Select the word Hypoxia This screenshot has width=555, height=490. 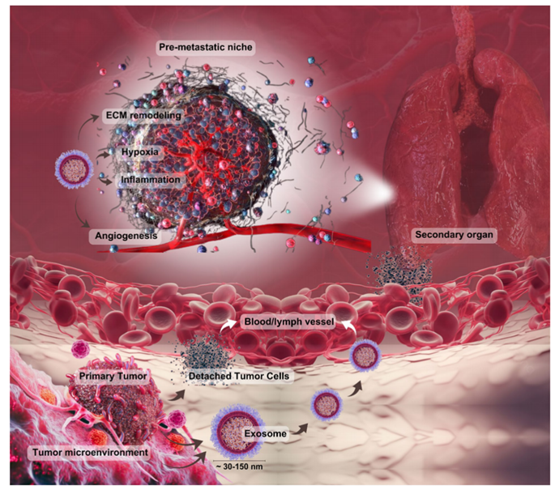click(x=138, y=151)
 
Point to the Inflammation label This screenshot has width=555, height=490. click(x=152, y=177)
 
